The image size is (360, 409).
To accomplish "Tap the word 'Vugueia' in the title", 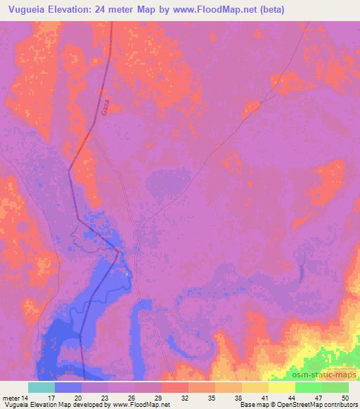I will [x=29, y=11].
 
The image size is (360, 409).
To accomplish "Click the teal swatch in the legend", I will [x=41, y=387].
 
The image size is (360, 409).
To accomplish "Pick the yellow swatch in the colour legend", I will [x=282, y=387].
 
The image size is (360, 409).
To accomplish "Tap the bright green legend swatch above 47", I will [x=309, y=387].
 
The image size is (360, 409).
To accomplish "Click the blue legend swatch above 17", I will [x=68, y=387].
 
